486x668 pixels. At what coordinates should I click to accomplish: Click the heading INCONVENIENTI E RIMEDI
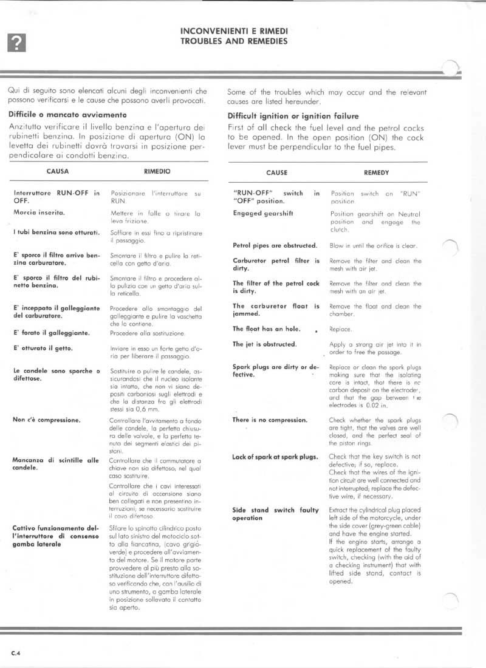coord(234,30)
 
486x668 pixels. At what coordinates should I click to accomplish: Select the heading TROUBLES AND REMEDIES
coord(234,41)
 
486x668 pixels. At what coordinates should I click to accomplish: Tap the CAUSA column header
coord(57,171)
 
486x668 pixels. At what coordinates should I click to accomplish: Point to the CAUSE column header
coord(276,172)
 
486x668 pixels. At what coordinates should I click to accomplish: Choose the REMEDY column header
coord(375,172)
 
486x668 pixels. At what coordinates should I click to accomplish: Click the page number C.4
coord(16,653)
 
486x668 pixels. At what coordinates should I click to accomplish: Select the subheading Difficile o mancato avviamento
coord(67,114)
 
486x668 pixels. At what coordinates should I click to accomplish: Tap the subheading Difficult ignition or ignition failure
coord(293,116)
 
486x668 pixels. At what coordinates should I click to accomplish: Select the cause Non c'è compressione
coord(47,419)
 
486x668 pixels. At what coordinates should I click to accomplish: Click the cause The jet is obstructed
coord(264,344)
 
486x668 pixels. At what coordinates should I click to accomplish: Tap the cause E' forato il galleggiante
coord(51,333)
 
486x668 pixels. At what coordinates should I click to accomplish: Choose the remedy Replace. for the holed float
coord(340,329)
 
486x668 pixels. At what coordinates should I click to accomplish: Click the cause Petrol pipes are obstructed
coord(275,245)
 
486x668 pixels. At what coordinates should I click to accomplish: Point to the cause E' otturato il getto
coord(43,348)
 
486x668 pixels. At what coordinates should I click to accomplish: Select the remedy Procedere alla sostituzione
coord(148,333)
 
